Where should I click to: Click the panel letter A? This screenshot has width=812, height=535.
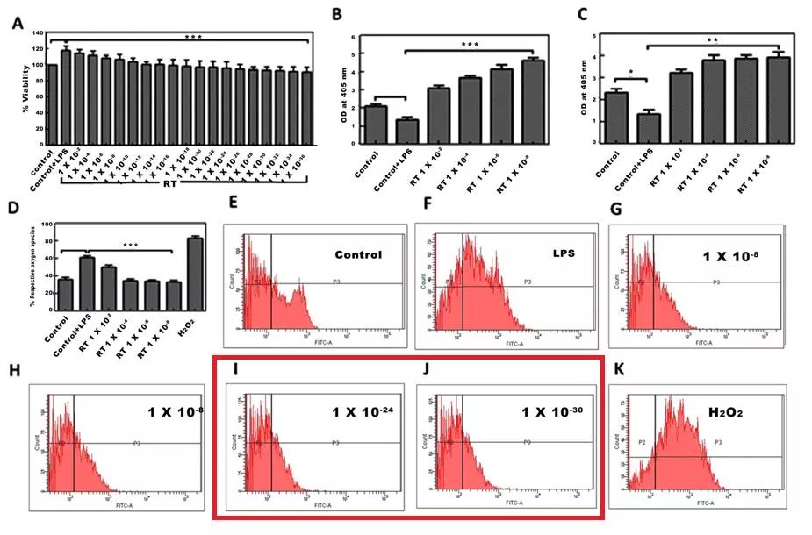point(18,24)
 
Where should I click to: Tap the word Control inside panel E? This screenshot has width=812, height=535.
point(358,255)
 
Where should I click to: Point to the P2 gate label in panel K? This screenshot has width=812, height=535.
point(642,443)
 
